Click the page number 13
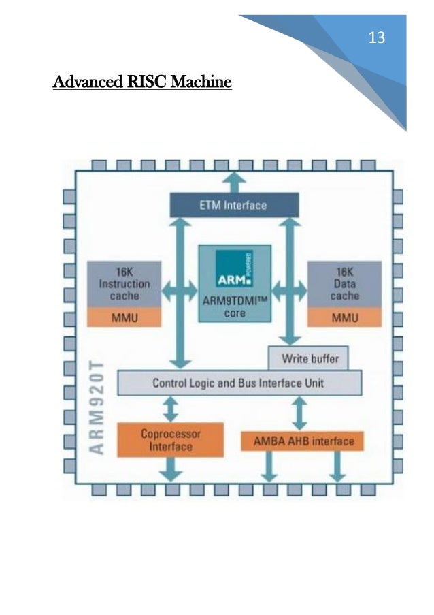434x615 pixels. (376, 38)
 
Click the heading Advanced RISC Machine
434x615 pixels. (143, 83)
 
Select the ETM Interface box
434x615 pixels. (233, 204)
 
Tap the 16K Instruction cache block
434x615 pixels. (124, 283)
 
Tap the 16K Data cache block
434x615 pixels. (344, 283)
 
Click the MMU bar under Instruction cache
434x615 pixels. (124, 317)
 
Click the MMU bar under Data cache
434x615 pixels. (344, 317)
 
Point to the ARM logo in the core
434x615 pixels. (234, 268)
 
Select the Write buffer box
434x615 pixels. (313, 357)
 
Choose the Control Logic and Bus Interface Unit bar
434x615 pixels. (239, 383)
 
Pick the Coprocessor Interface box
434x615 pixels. (170, 440)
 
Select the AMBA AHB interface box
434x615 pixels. (302, 441)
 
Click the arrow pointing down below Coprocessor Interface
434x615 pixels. (171, 470)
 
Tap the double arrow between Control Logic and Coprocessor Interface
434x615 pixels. (171, 409)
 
